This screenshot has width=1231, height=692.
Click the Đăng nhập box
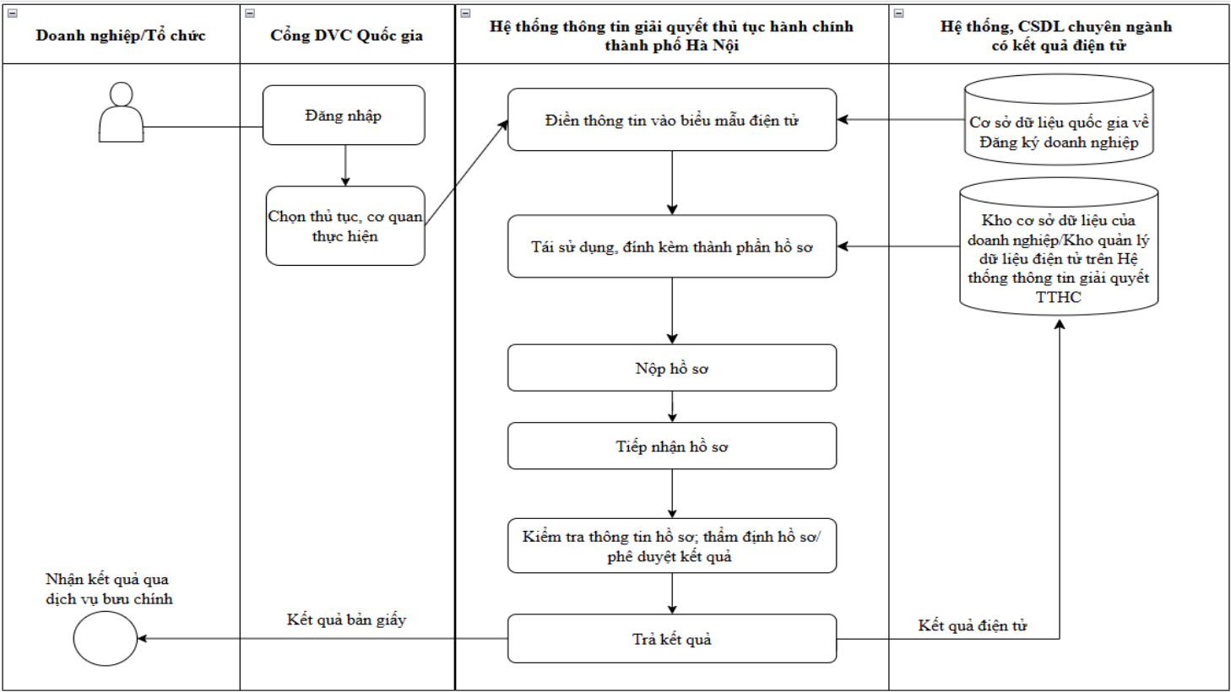point(344,116)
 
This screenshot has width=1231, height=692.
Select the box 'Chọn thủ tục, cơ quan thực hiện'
point(345,225)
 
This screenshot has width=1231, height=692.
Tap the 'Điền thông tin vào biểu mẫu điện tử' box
point(671,120)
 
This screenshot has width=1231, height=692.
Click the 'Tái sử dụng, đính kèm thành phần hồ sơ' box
point(671,246)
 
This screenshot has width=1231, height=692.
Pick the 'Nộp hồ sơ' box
point(671,368)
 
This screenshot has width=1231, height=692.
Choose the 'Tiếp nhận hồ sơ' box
point(671,446)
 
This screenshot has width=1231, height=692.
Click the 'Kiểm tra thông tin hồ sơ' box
point(671,546)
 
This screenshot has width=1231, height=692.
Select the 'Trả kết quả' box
point(671,639)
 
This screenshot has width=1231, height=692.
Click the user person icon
point(121,112)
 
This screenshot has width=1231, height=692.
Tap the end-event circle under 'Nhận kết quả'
point(105,639)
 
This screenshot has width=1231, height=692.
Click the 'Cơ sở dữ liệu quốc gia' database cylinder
point(1059,120)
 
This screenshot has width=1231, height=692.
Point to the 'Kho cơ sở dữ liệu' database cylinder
point(1059,246)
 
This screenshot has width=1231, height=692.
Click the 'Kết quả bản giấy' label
point(346,620)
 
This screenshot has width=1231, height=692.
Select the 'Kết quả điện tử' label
point(972,625)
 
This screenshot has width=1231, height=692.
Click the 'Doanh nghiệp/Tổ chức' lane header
point(121,35)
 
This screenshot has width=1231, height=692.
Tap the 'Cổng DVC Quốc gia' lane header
point(347,35)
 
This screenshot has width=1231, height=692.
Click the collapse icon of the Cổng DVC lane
point(250,14)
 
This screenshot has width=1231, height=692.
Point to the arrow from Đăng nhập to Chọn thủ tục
point(345,165)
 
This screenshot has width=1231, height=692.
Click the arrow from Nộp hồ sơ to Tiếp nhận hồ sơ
point(671,407)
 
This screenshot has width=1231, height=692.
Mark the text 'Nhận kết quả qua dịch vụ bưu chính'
point(109,589)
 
